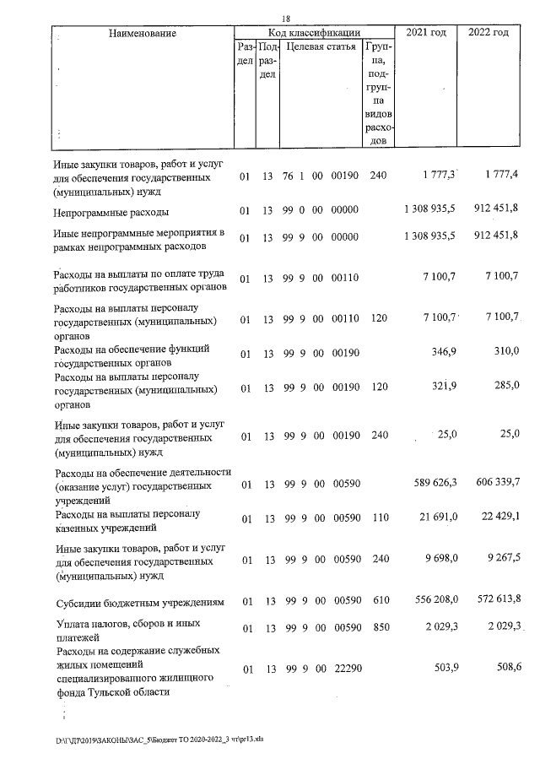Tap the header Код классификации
tap(314, 32)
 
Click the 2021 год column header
tap(427, 32)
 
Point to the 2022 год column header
tap(488, 32)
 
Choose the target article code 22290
tap(345, 669)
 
